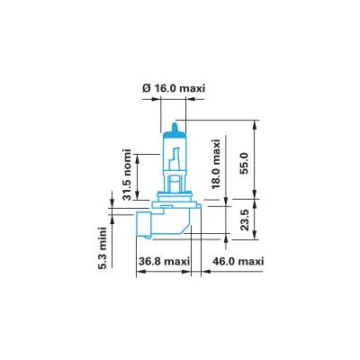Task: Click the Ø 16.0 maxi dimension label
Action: (x=174, y=89)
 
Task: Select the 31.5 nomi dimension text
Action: (x=128, y=175)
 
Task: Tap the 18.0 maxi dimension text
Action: (x=216, y=164)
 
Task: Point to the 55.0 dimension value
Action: (x=245, y=164)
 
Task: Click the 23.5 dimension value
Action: (x=245, y=220)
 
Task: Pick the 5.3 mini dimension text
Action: (x=103, y=248)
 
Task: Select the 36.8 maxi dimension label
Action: (x=164, y=261)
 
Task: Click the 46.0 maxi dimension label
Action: (x=238, y=261)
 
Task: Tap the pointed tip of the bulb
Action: (x=175, y=122)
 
